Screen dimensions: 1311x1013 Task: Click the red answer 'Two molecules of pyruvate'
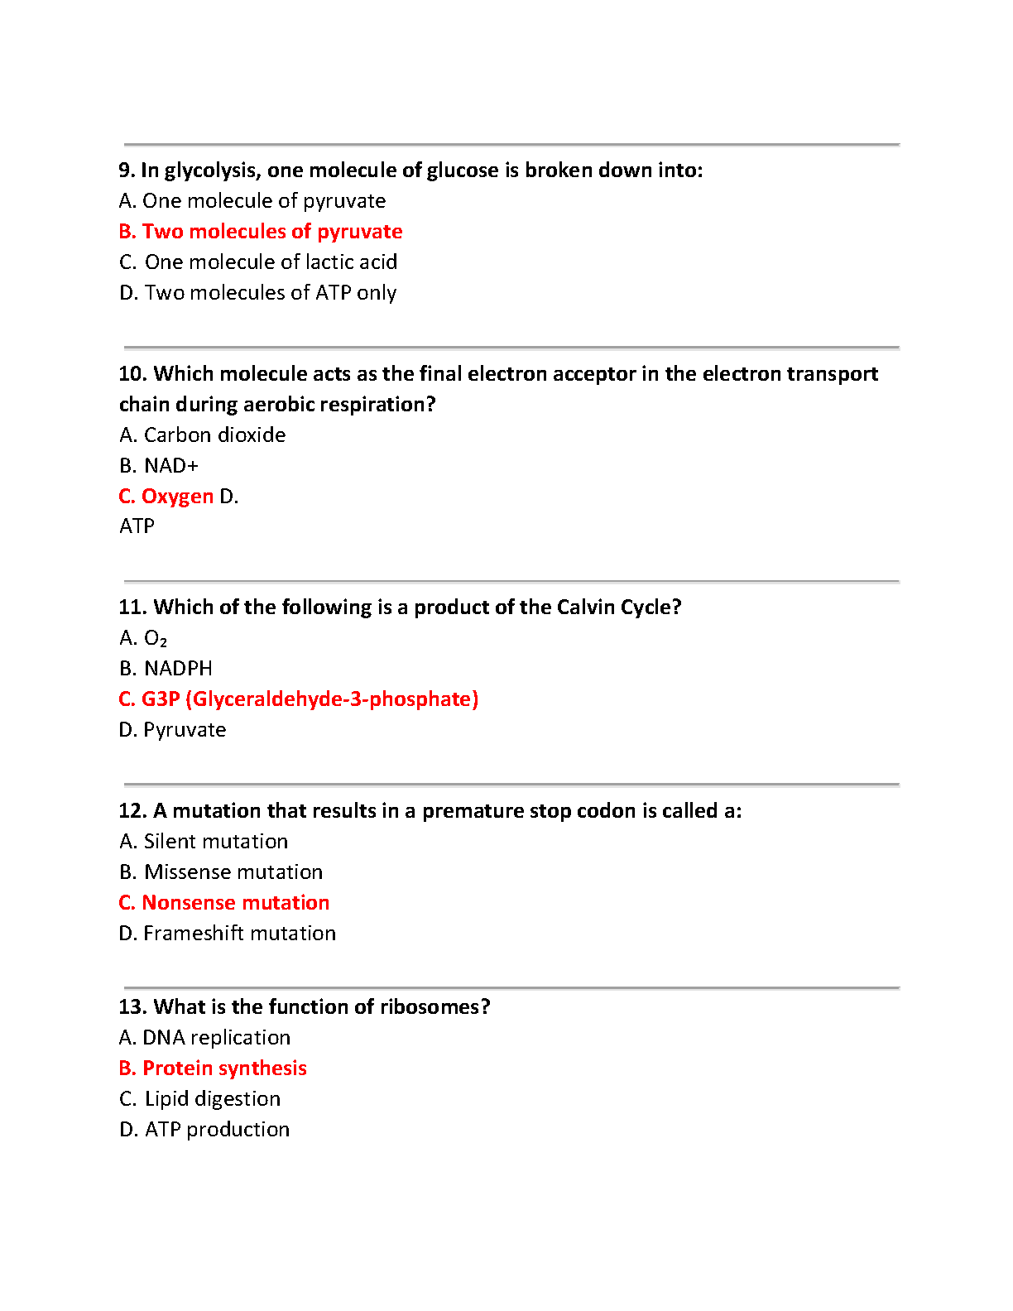(x=261, y=232)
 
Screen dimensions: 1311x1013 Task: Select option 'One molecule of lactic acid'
(x=258, y=262)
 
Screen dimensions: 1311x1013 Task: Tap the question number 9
(x=126, y=170)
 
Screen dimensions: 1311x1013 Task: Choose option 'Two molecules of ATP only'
(x=258, y=293)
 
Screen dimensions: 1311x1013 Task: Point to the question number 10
(x=132, y=374)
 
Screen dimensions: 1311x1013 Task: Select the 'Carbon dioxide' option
(x=204, y=435)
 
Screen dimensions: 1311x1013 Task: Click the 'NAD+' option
(x=160, y=466)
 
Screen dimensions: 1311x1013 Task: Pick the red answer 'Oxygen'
(x=166, y=497)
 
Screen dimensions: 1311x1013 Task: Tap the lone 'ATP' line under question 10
(x=137, y=526)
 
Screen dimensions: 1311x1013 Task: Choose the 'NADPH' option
(x=166, y=669)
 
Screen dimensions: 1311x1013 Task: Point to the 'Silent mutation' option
(x=204, y=842)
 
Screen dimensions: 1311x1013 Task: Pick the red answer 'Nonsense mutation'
(x=224, y=903)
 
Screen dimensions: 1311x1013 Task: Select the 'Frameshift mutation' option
(x=228, y=934)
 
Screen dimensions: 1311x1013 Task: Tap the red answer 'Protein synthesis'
(x=214, y=1068)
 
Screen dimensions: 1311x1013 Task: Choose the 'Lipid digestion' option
(x=201, y=1099)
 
